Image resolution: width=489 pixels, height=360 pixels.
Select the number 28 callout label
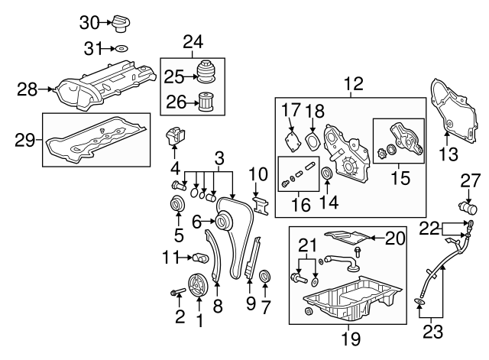coord(28,90)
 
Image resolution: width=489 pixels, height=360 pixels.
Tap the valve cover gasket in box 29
coord(96,142)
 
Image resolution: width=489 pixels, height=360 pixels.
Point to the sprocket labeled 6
coord(222,223)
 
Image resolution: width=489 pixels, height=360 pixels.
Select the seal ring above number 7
coord(264,276)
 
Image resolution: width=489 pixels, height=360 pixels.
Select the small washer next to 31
coord(122,49)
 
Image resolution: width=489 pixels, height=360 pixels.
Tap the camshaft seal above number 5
coord(177,206)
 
